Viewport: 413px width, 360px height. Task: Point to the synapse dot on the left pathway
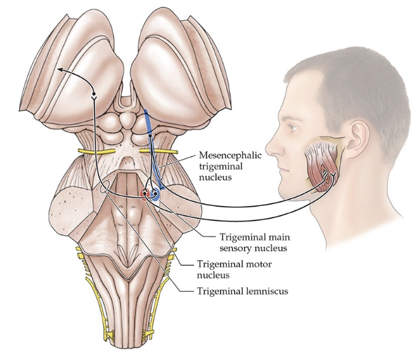pos(94,95)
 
